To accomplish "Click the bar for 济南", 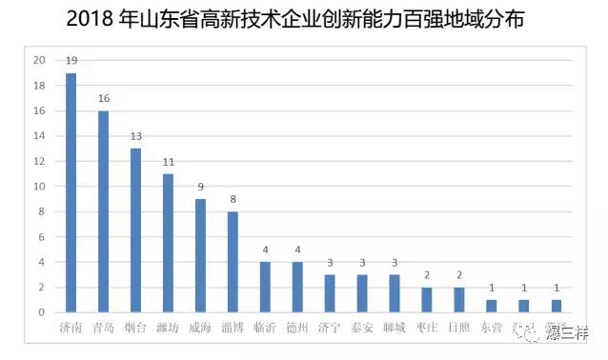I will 71,192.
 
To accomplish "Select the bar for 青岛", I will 104,211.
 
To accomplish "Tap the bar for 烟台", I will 136,230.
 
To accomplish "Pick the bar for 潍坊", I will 169,243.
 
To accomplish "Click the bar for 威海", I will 201,255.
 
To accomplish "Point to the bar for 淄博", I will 233,262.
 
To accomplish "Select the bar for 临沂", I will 266,287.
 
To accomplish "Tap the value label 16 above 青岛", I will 104,98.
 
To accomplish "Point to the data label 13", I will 136,136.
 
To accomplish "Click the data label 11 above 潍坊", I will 169,162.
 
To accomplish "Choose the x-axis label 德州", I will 297,329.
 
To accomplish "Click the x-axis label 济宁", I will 330,329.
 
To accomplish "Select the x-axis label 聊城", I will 395,329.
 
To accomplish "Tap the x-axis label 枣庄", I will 427,329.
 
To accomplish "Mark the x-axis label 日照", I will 459,329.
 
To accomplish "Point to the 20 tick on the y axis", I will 39,60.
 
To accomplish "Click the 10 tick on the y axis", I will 39,187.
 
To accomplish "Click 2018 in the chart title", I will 91,18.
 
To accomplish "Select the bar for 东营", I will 492,306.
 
